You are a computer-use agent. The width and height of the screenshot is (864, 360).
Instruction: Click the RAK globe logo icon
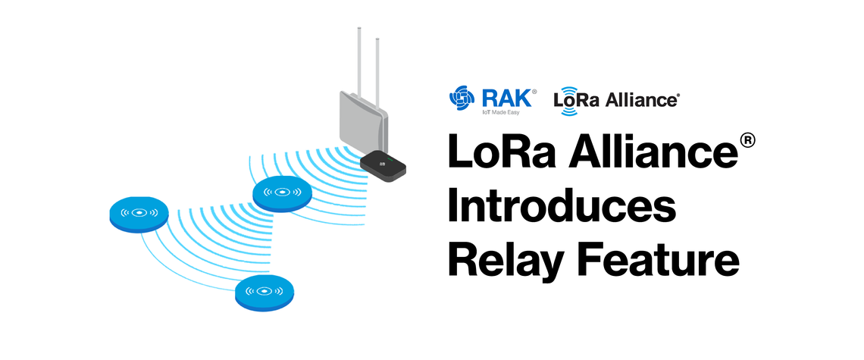(462, 98)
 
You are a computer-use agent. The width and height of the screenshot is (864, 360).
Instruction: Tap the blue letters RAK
(506, 97)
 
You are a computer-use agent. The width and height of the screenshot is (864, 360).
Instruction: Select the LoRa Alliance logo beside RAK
(616, 100)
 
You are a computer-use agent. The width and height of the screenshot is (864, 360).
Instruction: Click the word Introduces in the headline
(562, 208)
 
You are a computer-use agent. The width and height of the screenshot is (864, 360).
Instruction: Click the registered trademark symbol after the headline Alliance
(747, 140)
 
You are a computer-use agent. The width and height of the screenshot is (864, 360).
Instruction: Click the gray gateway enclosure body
(363, 124)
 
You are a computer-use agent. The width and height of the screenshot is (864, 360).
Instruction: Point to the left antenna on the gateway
(359, 63)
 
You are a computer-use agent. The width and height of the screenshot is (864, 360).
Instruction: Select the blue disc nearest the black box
(282, 193)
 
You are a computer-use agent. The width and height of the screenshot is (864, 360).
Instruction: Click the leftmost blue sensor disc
(139, 214)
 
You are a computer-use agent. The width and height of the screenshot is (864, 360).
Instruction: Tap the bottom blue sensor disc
(265, 293)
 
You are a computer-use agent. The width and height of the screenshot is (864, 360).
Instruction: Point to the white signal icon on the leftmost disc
(139, 212)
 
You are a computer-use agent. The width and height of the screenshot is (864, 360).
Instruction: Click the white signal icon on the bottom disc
(265, 290)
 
